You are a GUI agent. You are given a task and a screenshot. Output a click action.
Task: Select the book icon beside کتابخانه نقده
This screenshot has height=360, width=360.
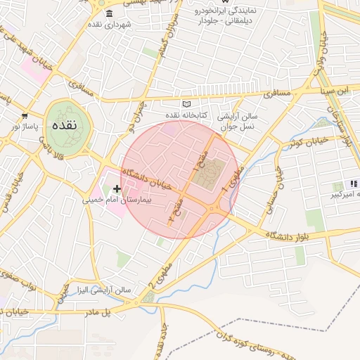186,104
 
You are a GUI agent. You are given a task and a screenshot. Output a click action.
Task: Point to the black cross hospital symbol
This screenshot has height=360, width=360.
117,188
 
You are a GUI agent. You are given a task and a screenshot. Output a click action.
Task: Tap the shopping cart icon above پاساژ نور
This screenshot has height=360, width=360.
25,116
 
